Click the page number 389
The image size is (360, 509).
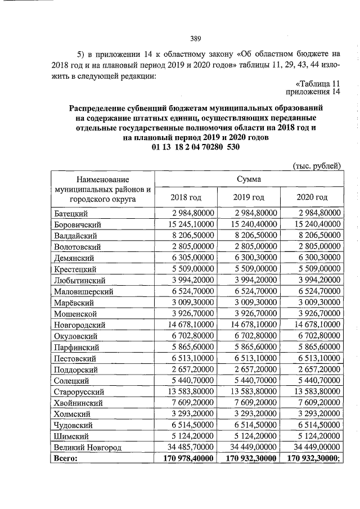(x=196, y=38)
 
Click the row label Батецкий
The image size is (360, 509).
(x=71, y=213)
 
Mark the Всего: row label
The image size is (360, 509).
(x=65, y=458)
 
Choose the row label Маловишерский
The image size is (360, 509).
(x=84, y=291)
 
